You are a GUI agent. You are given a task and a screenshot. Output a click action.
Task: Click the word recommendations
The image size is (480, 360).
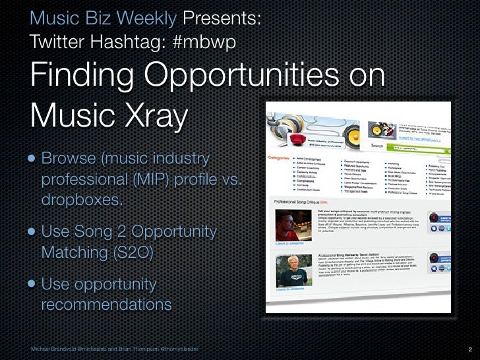pyautogui.click(x=105, y=305)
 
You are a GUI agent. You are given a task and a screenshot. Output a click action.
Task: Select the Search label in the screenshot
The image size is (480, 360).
pyautogui.click(x=378, y=146)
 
